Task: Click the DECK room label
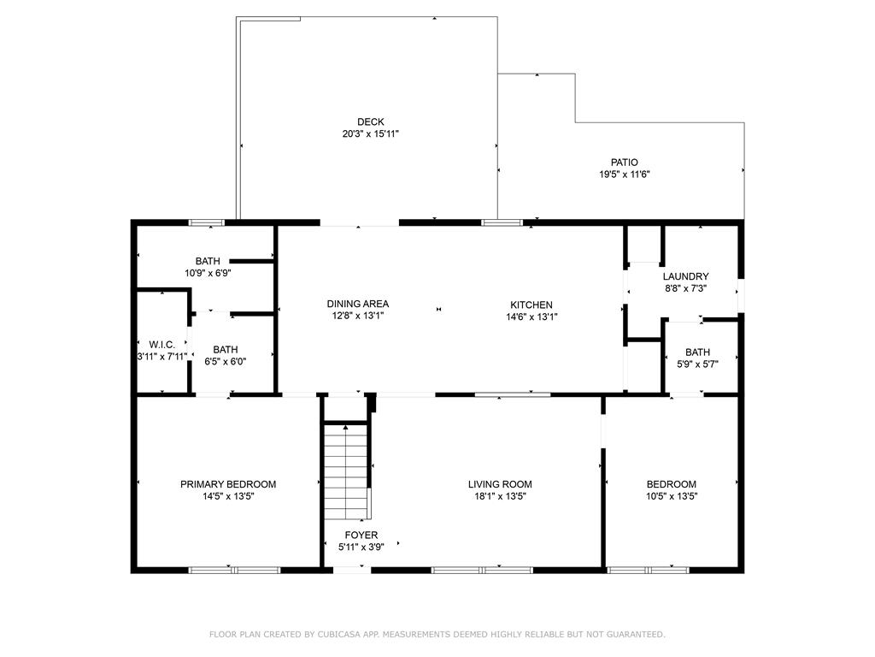coord(371,121)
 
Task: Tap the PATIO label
coord(625,163)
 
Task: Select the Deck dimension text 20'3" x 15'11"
coord(371,134)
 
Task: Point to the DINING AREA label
coord(358,304)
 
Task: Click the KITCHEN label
coord(531,305)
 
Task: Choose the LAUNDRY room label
coord(686,276)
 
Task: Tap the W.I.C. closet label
coord(161,345)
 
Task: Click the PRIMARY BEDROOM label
coord(228,484)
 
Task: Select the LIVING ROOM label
coord(500,484)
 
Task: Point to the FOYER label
coord(361,536)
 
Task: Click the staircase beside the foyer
coord(346,472)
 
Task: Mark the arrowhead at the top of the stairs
coord(346,428)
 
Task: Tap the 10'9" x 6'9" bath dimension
coord(208,273)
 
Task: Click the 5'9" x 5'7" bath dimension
coord(697,364)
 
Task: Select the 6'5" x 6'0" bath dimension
coord(226,362)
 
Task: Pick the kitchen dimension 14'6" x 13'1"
coord(531,317)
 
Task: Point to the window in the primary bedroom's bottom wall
coord(234,570)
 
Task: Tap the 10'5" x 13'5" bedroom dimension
coord(672,496)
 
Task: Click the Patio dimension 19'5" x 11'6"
coord(625,175)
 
